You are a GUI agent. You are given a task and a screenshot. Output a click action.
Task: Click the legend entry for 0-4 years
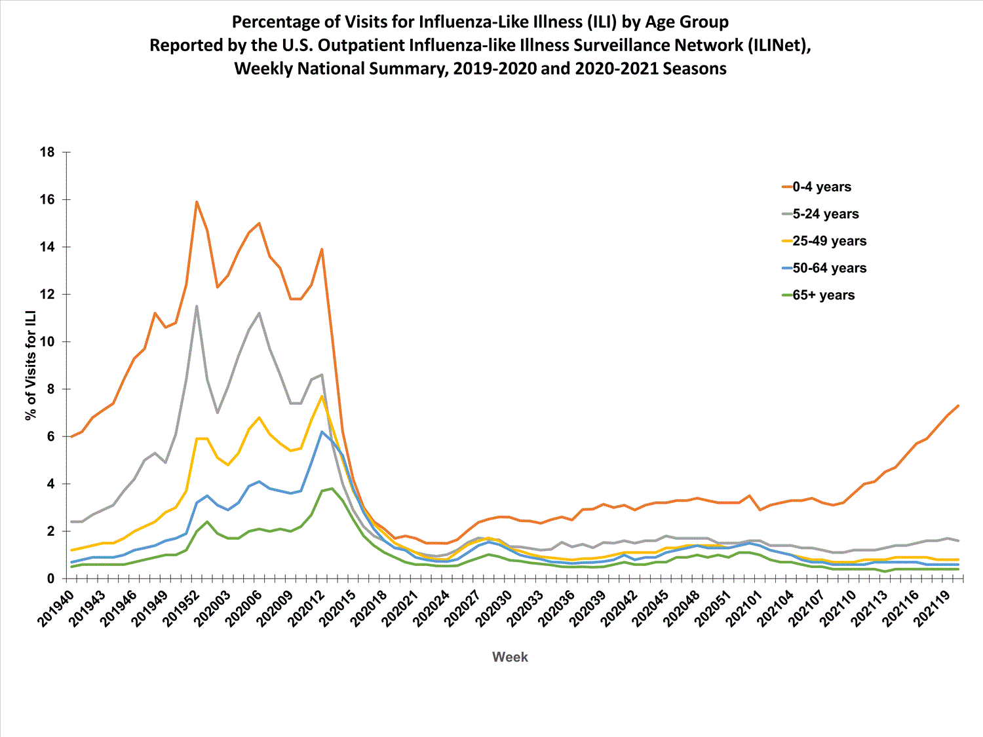(821, 187)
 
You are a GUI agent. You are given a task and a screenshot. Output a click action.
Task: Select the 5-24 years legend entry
(825, 214)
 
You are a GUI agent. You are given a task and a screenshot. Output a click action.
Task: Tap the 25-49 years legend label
(829, 241)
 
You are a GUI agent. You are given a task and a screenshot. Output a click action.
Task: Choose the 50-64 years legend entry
(829, 268)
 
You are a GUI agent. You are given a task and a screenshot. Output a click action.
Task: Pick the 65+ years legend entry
(823, 295)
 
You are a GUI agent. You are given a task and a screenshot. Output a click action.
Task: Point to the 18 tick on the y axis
(47, 152)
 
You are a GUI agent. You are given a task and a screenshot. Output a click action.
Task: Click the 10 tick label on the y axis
(47, 342)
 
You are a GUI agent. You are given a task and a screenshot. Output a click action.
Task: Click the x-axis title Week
(510, 657)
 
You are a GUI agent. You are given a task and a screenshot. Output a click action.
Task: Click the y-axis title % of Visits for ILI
(30, 366)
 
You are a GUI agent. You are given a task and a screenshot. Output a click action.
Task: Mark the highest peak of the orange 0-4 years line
(197, 202)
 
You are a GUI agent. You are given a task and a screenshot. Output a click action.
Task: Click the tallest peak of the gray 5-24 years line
(197, 306)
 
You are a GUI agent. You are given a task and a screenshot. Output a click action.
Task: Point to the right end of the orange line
(958, 406)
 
